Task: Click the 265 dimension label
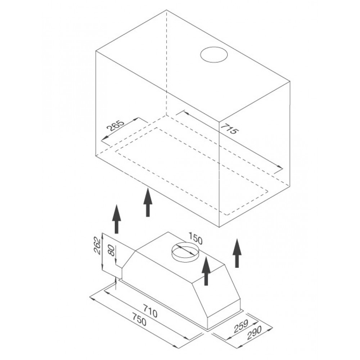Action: click(x=116, y=125)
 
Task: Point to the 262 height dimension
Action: click(x=97, y=246)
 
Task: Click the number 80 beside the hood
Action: click(x=111, y=250)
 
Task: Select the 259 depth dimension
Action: click(x=241, y=326)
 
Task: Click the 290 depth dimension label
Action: click(x=255, y=332)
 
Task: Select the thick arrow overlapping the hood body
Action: click(x=206, y=271)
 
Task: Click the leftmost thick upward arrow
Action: click(x=117, y=219)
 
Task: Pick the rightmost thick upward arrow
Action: click(x=237, y=253)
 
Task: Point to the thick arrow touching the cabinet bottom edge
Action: click(x=148, y=202)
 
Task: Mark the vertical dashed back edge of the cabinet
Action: click(x=166, y=63)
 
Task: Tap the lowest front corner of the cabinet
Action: click(x=219, y=227)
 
